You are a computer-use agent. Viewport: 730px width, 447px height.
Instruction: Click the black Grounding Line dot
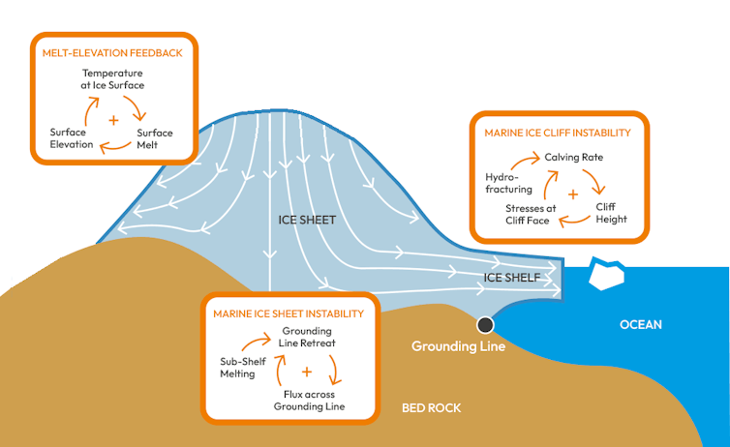(x=485, y=324)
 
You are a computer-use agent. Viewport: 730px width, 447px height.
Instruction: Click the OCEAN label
(x=640, y=325)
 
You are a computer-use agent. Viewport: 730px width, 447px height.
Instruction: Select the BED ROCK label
(x=431, y=408)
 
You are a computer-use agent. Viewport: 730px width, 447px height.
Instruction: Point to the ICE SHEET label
(x=307, y=220)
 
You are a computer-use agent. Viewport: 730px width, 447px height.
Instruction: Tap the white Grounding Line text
(x=458, y=346)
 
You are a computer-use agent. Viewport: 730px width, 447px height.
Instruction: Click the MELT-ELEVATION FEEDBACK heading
(x=112, y=52)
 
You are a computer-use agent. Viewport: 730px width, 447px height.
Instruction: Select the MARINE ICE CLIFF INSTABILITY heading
(x=557, y=133)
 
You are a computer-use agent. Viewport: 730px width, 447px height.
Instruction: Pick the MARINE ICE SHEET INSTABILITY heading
(x=289, y=313)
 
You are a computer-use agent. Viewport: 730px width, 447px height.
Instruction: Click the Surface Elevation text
(x=72, y=138)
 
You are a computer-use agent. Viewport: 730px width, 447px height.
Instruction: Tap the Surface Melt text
(x=155, y=139)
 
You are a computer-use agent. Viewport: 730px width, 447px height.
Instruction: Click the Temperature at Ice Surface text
(x=113, y=79)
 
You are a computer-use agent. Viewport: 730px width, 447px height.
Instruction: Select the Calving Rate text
(x=574, y=156)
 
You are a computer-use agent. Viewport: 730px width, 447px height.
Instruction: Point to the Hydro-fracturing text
(x=508, y=184)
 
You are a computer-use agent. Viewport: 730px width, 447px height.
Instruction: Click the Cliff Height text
(x=611, y=213)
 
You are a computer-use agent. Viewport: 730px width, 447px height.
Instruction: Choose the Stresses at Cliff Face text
(x=531, y=214)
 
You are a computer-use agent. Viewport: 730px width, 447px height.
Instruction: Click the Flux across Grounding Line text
(x=308, y=400)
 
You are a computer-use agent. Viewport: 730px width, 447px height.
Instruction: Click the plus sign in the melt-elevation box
(x=113, y=121)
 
